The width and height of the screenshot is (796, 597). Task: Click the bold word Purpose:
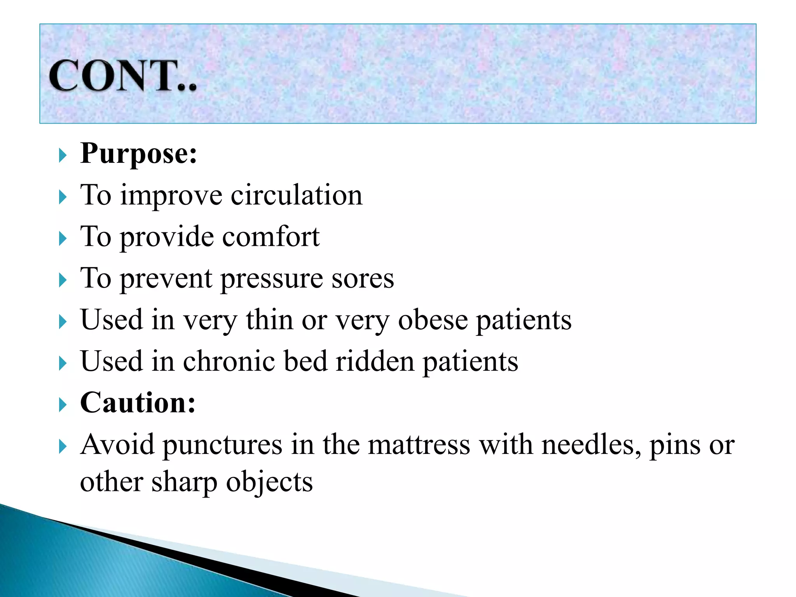(x=138, y=154)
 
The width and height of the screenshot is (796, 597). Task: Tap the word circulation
(x=297, y=195)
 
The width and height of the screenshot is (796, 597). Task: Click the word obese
(x=433, y=320)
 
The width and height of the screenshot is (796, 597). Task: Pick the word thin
(x=269, y=320)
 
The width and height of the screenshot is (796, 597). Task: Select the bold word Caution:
(x=138, y=403)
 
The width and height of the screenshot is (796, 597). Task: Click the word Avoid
(x=117, y=445)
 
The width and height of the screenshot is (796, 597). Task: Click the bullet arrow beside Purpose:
(x=63, y=155)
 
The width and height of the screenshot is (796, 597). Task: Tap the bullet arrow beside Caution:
(x=63, y=405)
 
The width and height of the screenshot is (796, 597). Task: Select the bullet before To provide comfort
(x=63, y=239)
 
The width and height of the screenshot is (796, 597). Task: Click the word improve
(x=171, y=196)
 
